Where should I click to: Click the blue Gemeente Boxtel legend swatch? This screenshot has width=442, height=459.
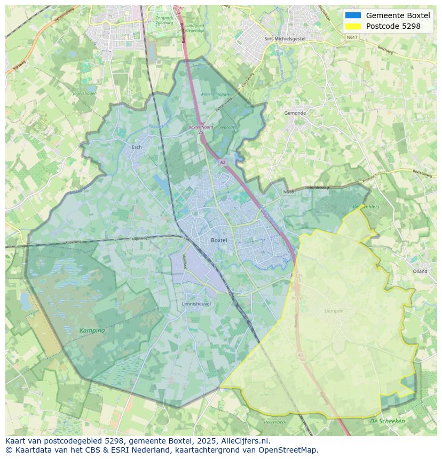pyautogui.click(x=353, y=15)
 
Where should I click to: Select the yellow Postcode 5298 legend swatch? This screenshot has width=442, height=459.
pyautogui.click(x=353, y=26)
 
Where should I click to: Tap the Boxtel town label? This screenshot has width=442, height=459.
pyautogui.click(x=219, y=240)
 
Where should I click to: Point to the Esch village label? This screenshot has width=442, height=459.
pyautogui.click(x=136, y=147)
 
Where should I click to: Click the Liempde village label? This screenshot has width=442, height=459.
pyautogui.click(x=334, y=311)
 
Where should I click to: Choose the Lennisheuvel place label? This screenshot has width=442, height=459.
pyautogui.click(x=196, y=304)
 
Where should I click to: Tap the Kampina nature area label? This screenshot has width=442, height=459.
pyautogui.click(x=92, y=331)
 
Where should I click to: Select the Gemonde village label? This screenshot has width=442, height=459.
pyautogui.click(x=295, y=113)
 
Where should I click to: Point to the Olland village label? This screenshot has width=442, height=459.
pyautogui.click(x=420, y=271)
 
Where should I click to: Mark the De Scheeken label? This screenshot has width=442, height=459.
pyautogui.click(x=387, y=421)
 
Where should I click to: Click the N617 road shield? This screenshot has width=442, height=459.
pyautogui.click(x=352, y=37)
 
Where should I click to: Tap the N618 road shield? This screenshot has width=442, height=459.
pyautogui.click(x=288, y=191)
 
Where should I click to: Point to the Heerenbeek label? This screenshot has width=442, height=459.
pyautogui.click(x=275, y=422)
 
